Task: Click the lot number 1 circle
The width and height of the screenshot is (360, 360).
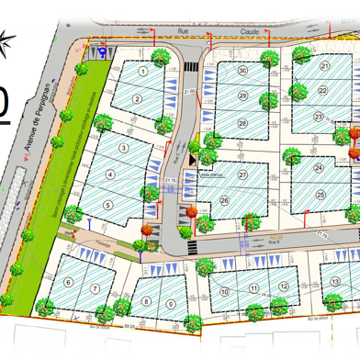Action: [x=142, y=70]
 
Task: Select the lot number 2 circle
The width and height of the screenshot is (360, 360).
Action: [x=136, y=99]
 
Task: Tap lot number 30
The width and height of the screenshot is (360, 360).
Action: [x=243, y=70]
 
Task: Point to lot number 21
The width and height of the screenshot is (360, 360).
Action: [x=324, y=66]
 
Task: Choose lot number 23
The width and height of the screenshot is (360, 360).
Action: [x=319, y=117]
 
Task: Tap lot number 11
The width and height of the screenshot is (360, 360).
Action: [x=254, y=263]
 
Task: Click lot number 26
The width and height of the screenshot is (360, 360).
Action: [x=224, y=200]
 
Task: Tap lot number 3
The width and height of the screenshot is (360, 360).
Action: [x=123, y=147]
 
